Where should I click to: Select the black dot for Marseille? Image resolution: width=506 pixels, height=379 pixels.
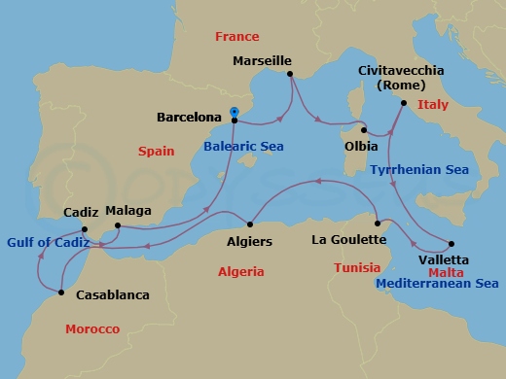click(x=289, y=72)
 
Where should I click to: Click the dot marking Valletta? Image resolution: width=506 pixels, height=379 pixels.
click(x=452, y=243)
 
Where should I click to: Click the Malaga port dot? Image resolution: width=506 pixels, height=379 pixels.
click(x=116, y=226)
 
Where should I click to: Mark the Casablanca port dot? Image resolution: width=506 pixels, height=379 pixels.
click(x=61, y=292)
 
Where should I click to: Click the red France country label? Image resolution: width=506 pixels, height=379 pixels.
click(x=238, y=37)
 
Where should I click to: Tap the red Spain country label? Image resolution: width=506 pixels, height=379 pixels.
click(x=157, y=153)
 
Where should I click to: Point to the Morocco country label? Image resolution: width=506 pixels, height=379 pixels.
click(x=92, y=329)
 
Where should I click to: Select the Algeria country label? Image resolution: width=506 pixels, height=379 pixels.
click(x=241, y=272)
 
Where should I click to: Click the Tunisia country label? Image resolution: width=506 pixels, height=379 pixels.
click(x=356, y=267)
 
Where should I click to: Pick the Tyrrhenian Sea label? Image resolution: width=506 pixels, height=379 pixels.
click(x=419, y=170)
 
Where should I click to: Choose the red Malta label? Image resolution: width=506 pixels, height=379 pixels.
click(x=446, y=273)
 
